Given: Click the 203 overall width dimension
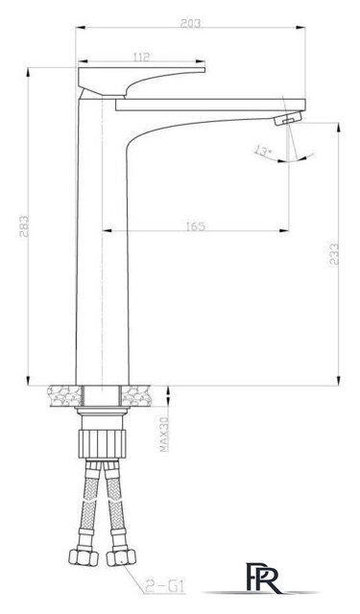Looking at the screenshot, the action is pos(190,23).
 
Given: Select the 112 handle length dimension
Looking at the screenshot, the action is pos(141,57).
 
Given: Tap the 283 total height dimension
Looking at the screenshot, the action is pos(23,226).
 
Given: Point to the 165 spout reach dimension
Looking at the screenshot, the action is pos(196,226).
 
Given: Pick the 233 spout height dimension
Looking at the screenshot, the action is pos(334,253).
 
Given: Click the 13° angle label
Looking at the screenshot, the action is pos(262,152).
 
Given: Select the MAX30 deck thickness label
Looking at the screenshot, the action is pos(165,434).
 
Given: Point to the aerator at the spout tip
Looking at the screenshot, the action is pos(289,118).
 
